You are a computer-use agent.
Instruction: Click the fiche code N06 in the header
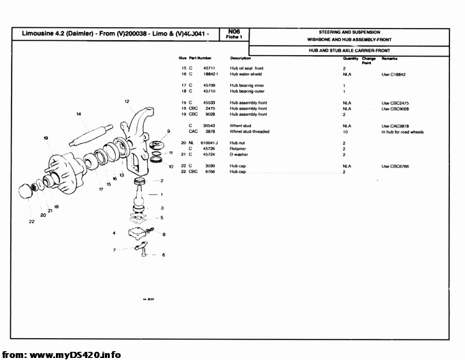235,31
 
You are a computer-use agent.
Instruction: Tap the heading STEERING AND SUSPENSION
349,32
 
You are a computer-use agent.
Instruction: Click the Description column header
241,59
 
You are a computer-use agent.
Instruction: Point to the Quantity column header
350,59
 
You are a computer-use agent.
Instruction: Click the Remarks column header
390,59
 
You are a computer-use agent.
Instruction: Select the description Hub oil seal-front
247,69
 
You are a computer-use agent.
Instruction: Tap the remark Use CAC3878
395,126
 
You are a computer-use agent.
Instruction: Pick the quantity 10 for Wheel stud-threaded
345,132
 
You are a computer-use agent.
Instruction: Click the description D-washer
239,154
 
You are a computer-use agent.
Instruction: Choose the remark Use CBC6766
395,166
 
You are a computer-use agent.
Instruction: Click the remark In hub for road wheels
402,132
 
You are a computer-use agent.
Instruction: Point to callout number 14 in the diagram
79,113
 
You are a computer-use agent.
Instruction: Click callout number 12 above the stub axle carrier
127,101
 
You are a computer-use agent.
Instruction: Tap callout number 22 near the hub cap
31,221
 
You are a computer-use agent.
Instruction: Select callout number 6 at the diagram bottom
164,255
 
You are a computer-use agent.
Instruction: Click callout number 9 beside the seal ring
168,131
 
